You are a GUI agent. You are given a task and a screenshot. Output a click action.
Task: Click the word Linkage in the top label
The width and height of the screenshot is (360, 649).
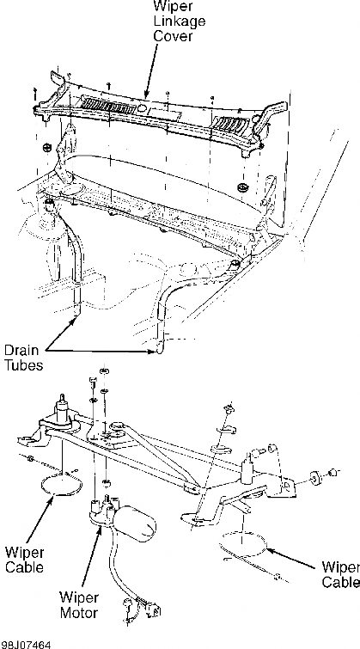[180, 21]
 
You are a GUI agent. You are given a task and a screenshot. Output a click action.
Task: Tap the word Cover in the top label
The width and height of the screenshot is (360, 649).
[173, 35]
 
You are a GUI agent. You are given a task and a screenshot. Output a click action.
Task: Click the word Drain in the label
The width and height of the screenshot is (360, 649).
[21, 350]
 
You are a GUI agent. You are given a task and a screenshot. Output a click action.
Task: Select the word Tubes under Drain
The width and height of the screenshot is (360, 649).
[23, 365]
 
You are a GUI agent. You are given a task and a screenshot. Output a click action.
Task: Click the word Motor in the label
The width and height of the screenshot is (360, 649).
[79, 613]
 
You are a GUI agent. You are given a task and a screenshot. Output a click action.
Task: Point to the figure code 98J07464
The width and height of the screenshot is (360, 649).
[26, 645]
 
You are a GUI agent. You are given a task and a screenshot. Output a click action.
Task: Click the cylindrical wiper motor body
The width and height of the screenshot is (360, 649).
[136, 523]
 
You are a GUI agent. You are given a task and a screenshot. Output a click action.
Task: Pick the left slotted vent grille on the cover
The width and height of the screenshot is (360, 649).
[108, 106]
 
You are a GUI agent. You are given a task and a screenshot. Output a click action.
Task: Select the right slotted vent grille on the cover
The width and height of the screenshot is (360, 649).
[231, 124]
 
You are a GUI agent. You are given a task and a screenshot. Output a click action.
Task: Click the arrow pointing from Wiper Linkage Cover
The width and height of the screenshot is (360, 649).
[151, 70]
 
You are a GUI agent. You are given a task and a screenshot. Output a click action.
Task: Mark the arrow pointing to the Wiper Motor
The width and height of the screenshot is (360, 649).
[92, 558]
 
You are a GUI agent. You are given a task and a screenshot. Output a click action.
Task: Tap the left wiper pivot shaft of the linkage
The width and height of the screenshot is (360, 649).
[63, 409]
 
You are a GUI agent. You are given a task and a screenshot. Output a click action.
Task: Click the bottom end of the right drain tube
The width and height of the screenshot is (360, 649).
[160, 351]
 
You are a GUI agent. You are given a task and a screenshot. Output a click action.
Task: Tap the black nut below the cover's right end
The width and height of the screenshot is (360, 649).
[243, 187]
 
